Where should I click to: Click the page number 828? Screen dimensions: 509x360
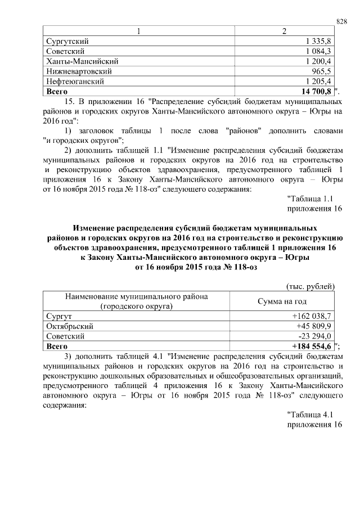coord(341,21)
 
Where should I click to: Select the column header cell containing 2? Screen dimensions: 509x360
coord(283,31)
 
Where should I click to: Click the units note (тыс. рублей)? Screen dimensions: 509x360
coord(312,286)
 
